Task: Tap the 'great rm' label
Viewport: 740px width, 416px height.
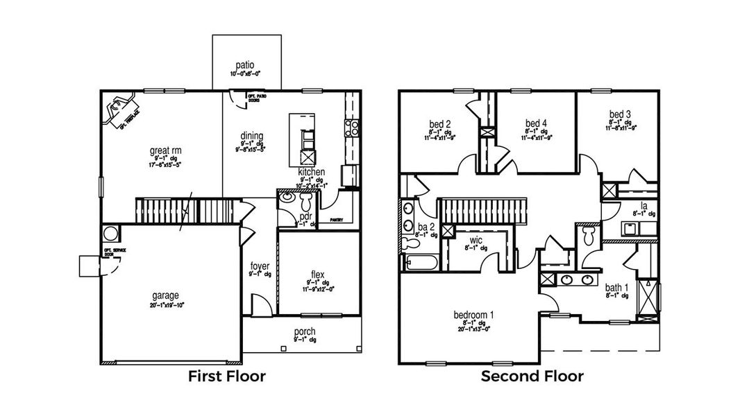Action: click(165, 149)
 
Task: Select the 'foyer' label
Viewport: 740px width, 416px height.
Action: click(260, 265)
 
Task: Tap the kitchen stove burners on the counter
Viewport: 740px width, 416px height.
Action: click(351, 128)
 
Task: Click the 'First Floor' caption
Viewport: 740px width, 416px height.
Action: click(227, 376)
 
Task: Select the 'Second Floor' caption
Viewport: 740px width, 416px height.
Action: click(532, 376)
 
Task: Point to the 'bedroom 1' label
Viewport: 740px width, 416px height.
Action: click(473, 315)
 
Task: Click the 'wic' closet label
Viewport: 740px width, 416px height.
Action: click(476, 240)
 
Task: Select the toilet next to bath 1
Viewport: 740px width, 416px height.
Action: click(589, 236)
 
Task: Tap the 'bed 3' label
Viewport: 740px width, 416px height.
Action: click(620, 114)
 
